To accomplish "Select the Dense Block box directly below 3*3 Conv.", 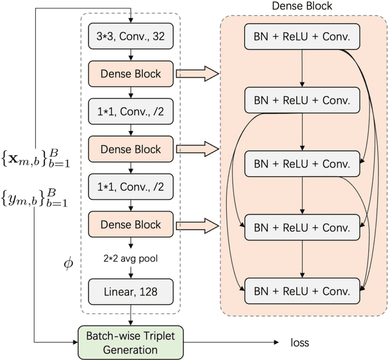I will click(x=130, y=74).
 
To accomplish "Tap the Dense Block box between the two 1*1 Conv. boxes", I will click(x=130, y=149).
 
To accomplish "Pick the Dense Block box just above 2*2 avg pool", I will click(x=130, y=224).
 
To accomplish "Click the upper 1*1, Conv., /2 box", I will click(x=130, y=112).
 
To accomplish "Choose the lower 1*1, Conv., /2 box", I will click(x=130, y=187).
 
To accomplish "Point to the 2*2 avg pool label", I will click(x=130, y=257).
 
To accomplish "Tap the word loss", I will click(x=299, y=343).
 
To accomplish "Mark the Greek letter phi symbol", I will click(x=69, y=264).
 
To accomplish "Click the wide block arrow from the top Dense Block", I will click(x=196, y=74).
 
